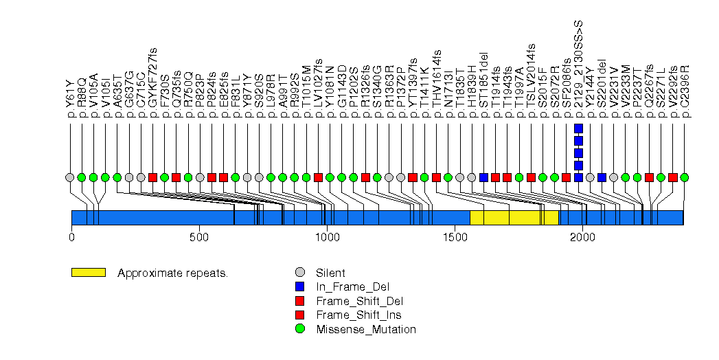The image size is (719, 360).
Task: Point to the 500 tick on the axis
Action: pyautogui.click(x=199, y=237)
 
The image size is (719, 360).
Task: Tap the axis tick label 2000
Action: pyautogui.click(x=582, y=237)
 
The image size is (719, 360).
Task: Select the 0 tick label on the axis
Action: pyautogui.click(x=71, y=237)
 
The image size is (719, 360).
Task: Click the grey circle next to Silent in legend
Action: pyautogui.click(x=299, y=273)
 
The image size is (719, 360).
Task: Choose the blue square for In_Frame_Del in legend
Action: pyautogui.click(x=299, y=287)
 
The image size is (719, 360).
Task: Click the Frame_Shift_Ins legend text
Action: pyautogui.click(x=358, y=315)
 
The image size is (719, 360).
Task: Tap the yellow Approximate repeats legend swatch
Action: pyautogui.click(x=88, y=273)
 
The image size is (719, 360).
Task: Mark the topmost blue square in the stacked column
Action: pyautogui.click(x=578, y=128)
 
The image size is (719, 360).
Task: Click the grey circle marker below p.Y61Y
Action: pyautogui.click(x=69, y=177)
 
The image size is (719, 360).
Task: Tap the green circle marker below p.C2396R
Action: pyautogui.click(x=684, y=177)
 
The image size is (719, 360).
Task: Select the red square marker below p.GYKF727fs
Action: pyautogui.click(x=152, y=177)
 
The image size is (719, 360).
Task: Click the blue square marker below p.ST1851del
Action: pyautogui.click(x=483, y=177)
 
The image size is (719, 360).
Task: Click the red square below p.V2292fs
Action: pyautogui.click(x=672, y=177)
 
